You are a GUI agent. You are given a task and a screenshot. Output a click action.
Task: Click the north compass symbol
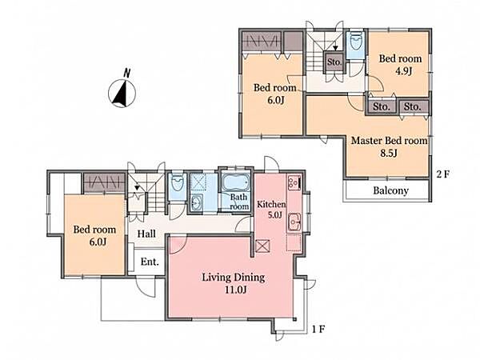122,92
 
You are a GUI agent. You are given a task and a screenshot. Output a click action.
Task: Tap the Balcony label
390,190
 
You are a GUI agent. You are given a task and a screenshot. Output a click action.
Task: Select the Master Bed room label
389,141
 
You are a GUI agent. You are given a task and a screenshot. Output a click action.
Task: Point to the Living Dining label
234,278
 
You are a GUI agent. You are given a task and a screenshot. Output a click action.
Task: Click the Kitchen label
271,204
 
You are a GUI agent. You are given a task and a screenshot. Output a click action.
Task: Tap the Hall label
146,234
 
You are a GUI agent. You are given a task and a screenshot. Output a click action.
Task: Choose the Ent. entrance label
150,262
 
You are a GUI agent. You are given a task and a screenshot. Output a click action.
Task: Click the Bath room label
239,202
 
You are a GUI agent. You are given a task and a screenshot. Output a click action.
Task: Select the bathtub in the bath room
236,182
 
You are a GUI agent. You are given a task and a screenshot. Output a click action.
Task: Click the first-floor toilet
178,184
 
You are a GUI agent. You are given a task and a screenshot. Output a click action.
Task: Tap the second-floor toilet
355,42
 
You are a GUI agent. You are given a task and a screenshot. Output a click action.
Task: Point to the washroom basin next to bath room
196,202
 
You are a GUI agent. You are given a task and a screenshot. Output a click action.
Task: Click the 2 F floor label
443,174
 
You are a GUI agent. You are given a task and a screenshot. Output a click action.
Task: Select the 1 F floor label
318,330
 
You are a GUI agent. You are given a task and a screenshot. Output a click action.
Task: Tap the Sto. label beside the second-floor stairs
334,62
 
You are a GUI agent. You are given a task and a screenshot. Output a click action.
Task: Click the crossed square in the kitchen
262,246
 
